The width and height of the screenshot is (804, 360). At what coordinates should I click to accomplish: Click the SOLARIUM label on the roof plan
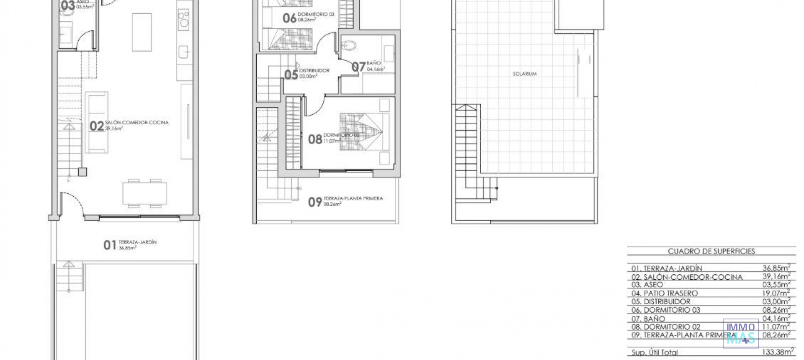[x=524, y=74]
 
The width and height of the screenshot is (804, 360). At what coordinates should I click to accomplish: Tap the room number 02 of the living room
[x=97, y=126]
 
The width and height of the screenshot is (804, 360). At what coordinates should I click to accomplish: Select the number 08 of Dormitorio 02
[x=315, y=139]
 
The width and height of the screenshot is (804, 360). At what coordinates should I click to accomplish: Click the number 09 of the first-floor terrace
[x=315, y=202]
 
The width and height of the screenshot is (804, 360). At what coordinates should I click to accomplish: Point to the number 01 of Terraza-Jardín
[x=110, y=245]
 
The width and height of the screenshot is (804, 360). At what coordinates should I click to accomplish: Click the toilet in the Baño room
[x=349, y=45]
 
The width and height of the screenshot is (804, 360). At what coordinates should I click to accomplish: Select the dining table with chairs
[x=144, y=194]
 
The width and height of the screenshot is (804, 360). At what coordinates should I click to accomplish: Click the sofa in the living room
[x=97, y=122]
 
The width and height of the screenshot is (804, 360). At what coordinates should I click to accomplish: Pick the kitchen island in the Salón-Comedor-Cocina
[x=142, y=32]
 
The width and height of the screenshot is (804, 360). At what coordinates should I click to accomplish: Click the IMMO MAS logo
[x=740, y=333]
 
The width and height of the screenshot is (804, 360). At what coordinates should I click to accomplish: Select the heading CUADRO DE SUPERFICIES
[x=711, y=251]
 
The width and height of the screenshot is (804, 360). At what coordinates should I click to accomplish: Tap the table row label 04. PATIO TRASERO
[x=665, y=293]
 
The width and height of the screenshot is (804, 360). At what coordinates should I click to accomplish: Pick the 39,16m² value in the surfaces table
[x=776, y=277]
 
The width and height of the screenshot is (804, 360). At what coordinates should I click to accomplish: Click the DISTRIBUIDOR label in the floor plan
[x=314, y=71]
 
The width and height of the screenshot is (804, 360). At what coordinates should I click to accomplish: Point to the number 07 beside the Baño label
[x=358, y=67]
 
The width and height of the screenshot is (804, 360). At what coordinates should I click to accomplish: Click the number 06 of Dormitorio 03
[x=289, y=18]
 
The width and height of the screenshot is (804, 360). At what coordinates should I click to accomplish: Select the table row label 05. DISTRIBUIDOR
[x=661, y=302]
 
